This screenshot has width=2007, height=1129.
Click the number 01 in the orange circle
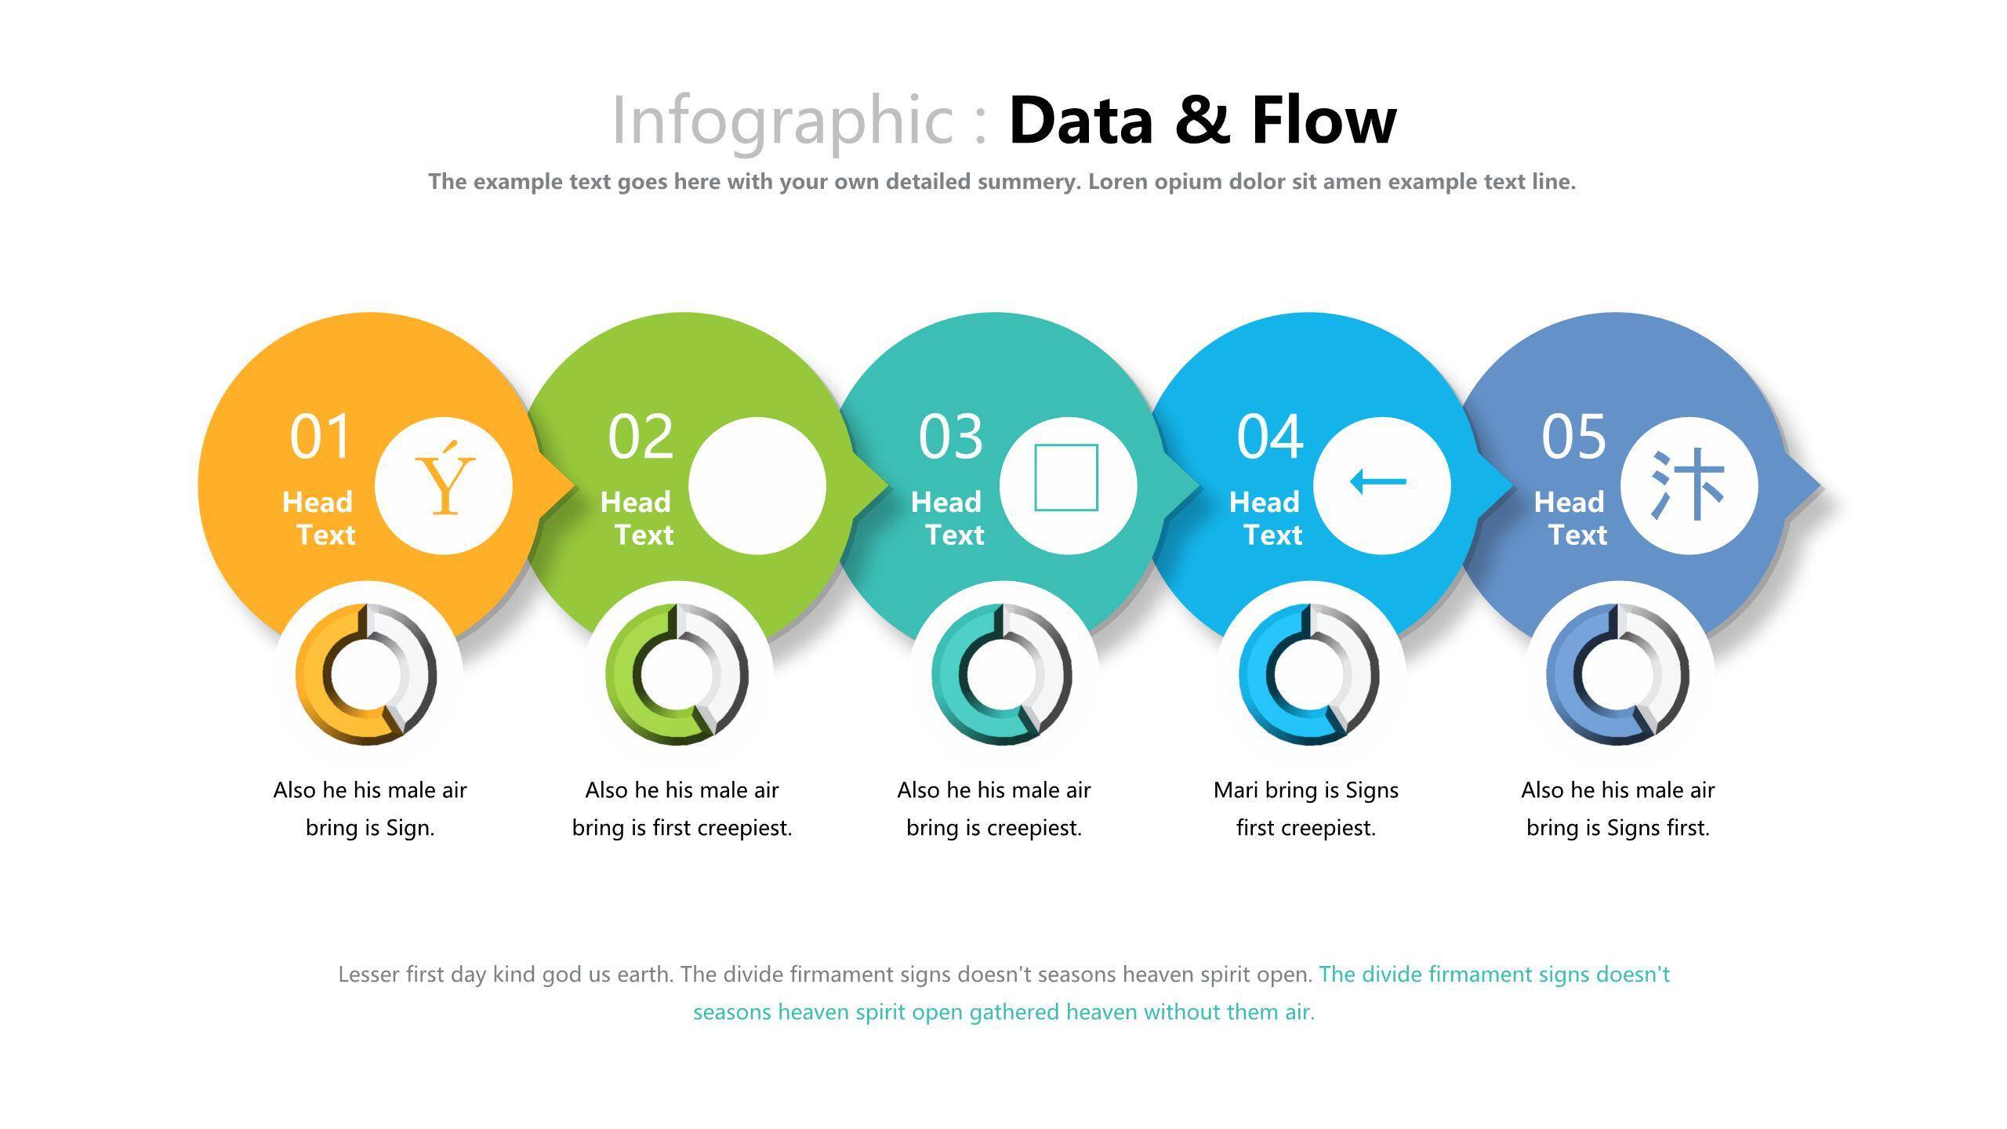point(320,437)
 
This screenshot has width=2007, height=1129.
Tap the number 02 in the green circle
point(641,437)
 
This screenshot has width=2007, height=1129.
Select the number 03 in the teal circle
point(951,437)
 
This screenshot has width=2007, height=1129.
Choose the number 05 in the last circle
point(1574,437)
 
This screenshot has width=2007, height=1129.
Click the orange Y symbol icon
point(445,478)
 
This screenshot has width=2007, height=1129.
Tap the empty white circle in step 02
point(757,486)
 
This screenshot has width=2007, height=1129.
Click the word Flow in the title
point(1324,121)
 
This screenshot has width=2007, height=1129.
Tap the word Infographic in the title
point(782,121)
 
